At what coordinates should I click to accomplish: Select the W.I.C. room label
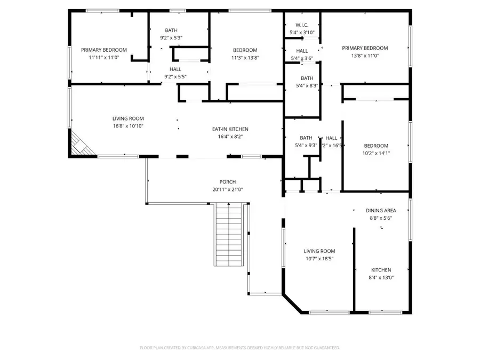[x=302, y=25]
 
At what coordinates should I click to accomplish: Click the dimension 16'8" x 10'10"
[x=128, y=126]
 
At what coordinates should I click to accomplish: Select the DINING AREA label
[x=381, y=211]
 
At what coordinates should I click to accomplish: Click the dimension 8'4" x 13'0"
[x=381, y=277]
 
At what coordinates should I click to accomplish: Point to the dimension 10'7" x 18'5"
[x=319, y=259]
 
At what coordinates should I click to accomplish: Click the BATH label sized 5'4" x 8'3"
[x=307, y=78]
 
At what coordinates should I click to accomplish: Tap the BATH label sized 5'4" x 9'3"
[x=306, y=137]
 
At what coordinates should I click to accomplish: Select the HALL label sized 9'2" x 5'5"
[x=175, y=69]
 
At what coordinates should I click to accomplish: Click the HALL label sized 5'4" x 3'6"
[x=302, y=51]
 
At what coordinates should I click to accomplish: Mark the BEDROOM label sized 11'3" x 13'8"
[x=245, y=50]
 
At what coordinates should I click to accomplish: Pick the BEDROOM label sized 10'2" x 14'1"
[x=376, y=146]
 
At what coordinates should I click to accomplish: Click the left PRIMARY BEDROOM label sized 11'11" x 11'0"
[x=104, y=50]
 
